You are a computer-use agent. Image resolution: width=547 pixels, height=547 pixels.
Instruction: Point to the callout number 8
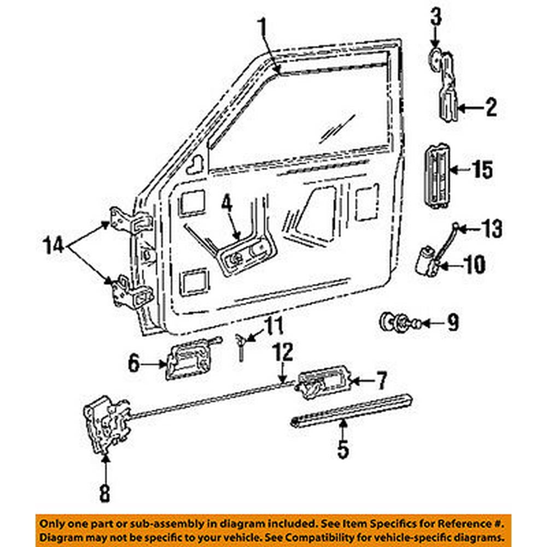104,493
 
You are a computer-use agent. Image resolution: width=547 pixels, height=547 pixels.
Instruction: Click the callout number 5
342,449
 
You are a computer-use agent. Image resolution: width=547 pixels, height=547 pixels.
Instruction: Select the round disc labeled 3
434,56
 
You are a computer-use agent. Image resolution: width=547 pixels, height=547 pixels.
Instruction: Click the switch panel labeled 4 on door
243,254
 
